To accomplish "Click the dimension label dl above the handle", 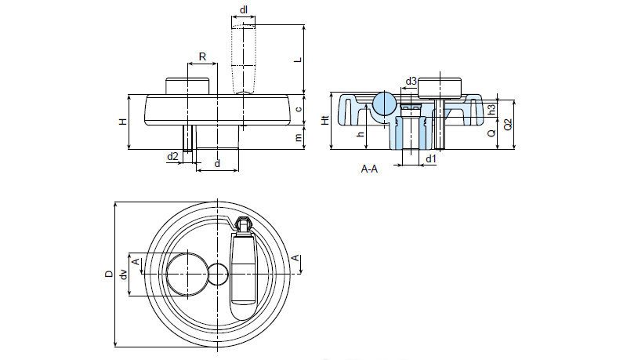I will click(x=245, y=10).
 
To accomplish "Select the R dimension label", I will click(x=202, y=56).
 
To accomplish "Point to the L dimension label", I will click(x=297, y=59).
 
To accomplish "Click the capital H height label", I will click(x=122, y=122).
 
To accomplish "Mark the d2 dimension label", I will click(x=172, y=157).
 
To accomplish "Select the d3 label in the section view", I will click(x=411, y=81).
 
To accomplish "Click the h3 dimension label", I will click(x=491, y=108).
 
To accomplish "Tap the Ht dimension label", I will click(x=324, y=121).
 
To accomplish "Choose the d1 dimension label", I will click(x=430, y=159).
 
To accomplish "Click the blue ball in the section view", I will click(x=385, y=103).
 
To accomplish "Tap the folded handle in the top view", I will click(x=243, y=271).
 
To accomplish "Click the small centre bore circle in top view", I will click(x=218, y=274).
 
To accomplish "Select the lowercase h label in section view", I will click(x=361, y=133).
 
